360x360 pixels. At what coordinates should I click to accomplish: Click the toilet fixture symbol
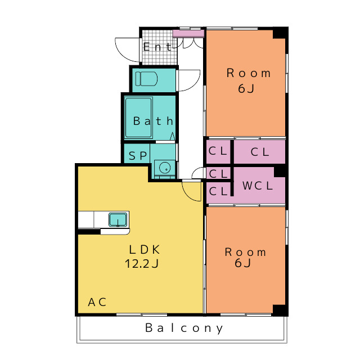[x=146, y=79]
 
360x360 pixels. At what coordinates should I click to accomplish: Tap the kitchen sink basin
[x=118, y=219]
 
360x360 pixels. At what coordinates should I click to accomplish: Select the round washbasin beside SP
[x=165, y=168]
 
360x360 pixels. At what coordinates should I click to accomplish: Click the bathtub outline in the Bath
[x=138, y=118]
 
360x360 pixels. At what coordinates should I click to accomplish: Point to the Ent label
[x=157, y=47]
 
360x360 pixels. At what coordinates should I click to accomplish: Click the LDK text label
[x=145, y=250]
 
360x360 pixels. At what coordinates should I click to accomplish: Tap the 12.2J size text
[x=142, y=264]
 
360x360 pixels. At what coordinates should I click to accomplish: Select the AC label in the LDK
[x=97, y=302]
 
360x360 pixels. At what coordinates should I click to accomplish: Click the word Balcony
[x=184, y=328]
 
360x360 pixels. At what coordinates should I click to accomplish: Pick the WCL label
[x=258, y=186]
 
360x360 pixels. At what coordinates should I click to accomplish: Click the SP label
[x=138, y=156]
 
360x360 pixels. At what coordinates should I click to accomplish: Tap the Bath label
[x=153, y=121]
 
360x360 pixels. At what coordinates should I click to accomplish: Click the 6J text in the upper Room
[x=246, y=89]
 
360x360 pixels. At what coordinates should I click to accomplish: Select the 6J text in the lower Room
[x=242, y=263]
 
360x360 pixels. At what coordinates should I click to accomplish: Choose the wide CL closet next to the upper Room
[x=259, y=152]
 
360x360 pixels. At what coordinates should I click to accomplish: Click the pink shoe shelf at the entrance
[x=188, y=34]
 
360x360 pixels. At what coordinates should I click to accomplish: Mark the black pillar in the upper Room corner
[x=280, y=33]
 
